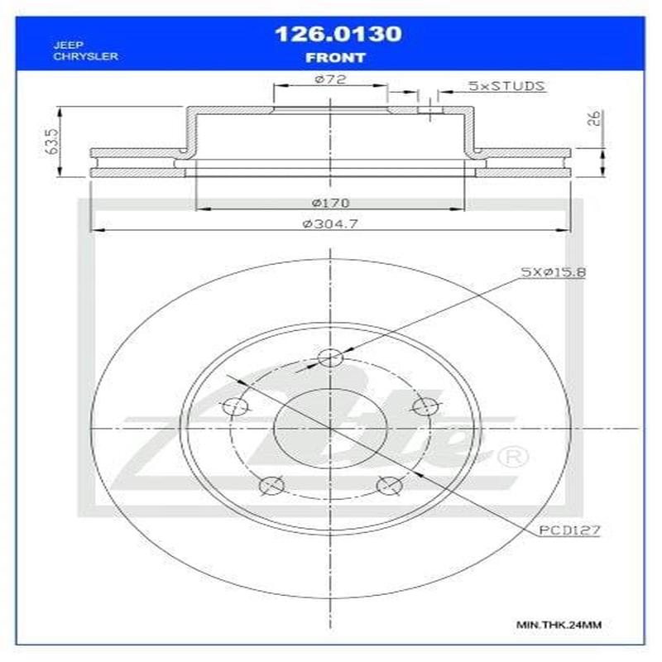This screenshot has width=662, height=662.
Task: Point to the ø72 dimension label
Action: click(329, 79)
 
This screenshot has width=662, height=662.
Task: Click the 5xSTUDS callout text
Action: click(505, 85)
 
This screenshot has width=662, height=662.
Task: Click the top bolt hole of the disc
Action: click(330, 358)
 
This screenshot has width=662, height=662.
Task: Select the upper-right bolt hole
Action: click(424, 406)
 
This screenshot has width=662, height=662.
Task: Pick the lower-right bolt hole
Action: click(387, 486)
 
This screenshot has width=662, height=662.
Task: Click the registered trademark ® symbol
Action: click(511, 457)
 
